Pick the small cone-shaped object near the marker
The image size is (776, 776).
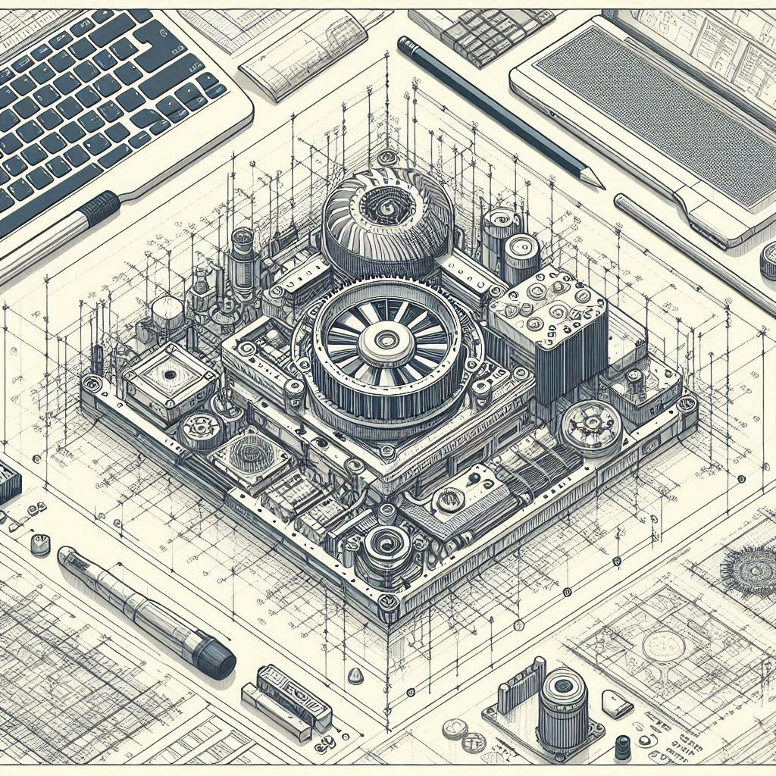355,674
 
